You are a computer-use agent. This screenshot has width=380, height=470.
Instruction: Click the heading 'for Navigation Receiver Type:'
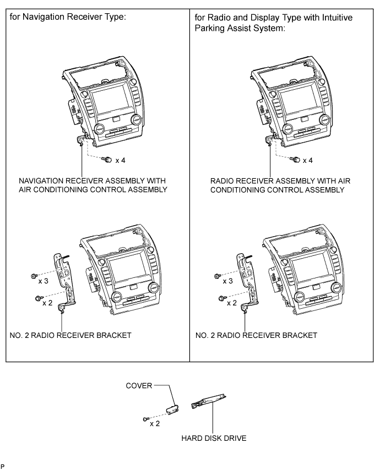(x=68, y=17)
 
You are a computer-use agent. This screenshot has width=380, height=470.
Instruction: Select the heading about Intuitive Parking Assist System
(x=274, y=23)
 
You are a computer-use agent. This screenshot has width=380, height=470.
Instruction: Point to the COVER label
(x=139, y=385)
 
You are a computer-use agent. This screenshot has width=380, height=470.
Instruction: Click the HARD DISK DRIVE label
(x=214, y=438)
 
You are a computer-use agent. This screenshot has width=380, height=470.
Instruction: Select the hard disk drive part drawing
(x=208, y=401)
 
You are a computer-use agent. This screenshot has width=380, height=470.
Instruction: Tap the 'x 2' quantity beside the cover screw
(x=155, y=424)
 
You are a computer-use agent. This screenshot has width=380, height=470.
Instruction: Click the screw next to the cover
(x=146, y=418)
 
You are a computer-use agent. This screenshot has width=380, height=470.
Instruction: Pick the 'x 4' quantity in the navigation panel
(x=120, y=160)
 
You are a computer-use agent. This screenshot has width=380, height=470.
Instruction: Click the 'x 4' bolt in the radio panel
(x=296, y=160)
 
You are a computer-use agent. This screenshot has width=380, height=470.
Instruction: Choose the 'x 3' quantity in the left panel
(x=43, y=281)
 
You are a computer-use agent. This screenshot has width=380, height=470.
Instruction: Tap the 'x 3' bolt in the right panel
(x=218, y=276)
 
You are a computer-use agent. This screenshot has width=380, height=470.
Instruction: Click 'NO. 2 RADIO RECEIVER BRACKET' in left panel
(x=70, y=335)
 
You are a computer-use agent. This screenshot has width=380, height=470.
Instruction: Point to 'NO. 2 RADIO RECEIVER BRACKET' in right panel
(x=256, y=335)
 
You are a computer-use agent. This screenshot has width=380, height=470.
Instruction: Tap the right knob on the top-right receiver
(x=324, y=119)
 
